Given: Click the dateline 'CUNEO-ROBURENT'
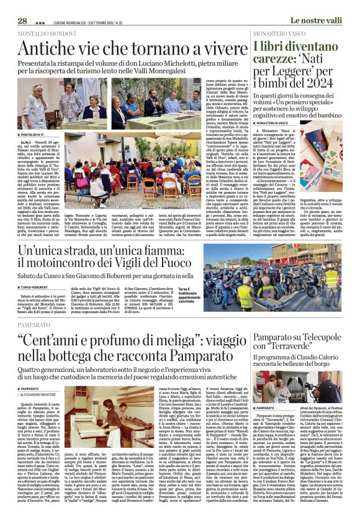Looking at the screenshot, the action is coord(36,288).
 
